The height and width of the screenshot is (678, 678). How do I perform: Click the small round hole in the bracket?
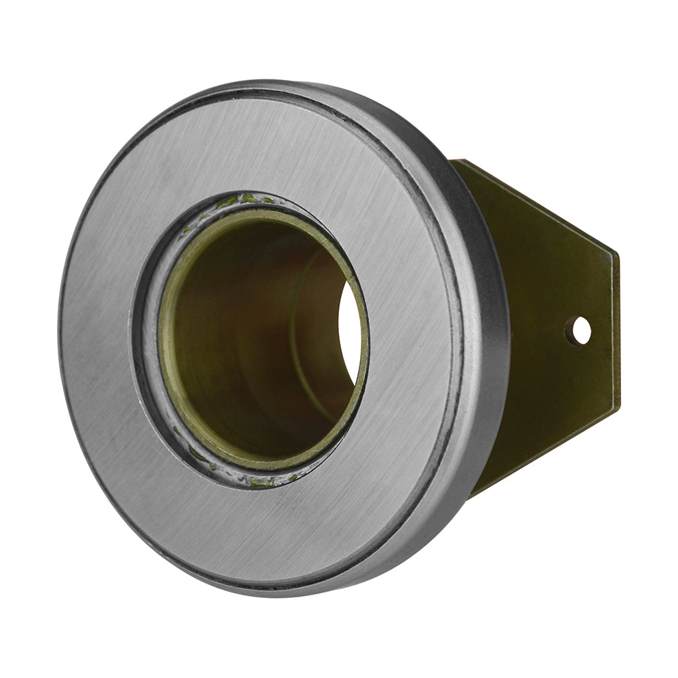pyautogui.click(x=580, y=330)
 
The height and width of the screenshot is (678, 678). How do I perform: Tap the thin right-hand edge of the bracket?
pyautogui.click(x=617, y=332)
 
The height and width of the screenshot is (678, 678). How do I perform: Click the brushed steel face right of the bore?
pyautogui.click(x=414, y=339)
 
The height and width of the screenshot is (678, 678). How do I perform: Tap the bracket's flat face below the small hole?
pyautogui.click(x=576, y=386)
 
